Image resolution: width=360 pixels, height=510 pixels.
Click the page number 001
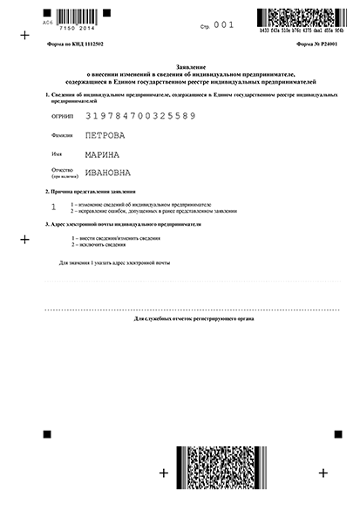click(225, 26)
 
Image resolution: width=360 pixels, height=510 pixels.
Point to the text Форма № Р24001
click(310, 43)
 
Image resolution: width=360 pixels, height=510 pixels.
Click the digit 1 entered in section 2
click(54, 207)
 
